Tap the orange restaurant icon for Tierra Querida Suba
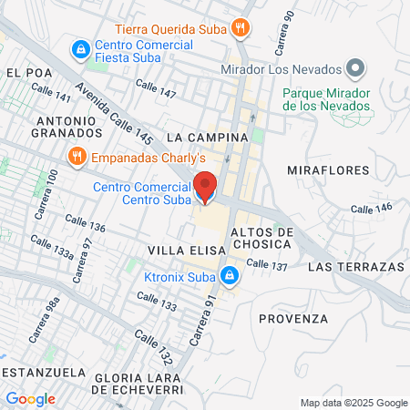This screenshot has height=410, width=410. tap(241, 26)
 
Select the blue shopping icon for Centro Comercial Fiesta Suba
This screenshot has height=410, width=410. tap(81, 46)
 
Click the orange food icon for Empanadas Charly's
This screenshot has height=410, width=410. tap(77, 155)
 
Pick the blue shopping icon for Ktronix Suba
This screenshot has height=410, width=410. tap(231, 272)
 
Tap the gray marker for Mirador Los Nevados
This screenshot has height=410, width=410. tap(357, 69)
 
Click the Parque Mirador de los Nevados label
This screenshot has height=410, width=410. tap(327, 99)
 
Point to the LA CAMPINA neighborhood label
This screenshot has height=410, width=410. tap(208, 137)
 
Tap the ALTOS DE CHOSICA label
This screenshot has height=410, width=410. tap(261, 238)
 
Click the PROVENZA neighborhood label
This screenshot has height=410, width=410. tap(292, 318)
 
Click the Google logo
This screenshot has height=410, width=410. tap(31, 398)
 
